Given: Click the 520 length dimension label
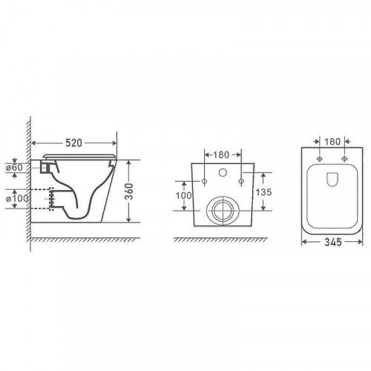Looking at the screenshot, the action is point(73,142).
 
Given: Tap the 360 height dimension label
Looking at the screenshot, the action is point(129,191).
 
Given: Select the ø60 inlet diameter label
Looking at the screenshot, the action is point(14,168).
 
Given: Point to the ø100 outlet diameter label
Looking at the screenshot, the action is point(16,198).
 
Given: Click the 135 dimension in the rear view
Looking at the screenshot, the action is point(263,192).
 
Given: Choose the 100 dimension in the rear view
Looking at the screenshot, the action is point(183,195).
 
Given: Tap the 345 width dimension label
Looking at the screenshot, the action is point(333,242).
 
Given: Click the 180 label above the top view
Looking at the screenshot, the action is point(332,142).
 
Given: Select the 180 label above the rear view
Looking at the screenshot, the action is point(221,155).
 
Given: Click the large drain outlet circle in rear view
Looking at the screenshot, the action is point(206,211).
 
